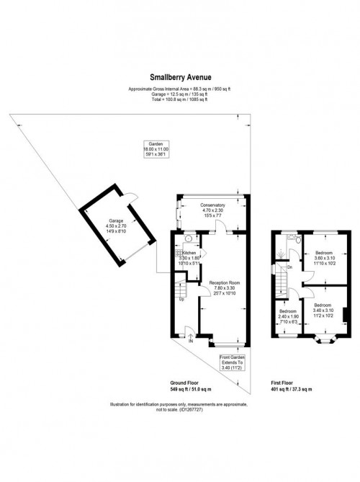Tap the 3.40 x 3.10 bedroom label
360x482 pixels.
(x=322, y=310)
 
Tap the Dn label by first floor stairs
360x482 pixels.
(x=289, y=267)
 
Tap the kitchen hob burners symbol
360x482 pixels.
(x=176, y=253)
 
